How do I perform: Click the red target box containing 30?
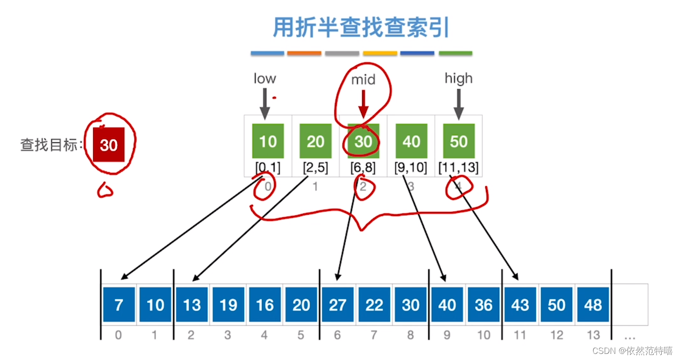pos(109,145)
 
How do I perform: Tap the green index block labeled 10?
pos(268,141)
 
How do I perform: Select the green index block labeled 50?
pos(459,141)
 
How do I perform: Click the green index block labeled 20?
pos(315,141)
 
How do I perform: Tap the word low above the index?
pos(265,78)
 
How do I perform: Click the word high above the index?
pos(458,78)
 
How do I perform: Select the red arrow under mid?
pos(363,104)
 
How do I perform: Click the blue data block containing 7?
pos(119,305)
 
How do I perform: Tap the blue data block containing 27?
pos(337,305)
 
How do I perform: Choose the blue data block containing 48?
pos(593,305)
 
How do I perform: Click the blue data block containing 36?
pos(484,305)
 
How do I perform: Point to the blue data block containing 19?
pos(228,305)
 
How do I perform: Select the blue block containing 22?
pos(374,305)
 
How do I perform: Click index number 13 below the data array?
pos(593,335)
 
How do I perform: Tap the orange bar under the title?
pos(304,53)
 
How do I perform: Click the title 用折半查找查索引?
pos(361,28)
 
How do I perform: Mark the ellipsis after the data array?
pos(629,337)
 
